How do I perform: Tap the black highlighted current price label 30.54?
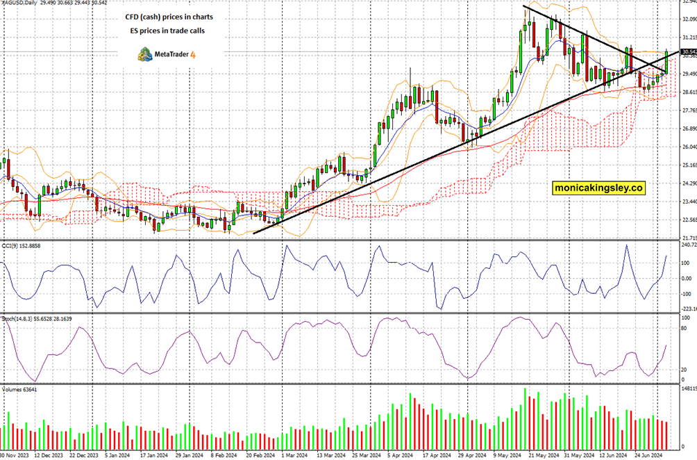click(689, 52)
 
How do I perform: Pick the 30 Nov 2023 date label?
click(14, 455)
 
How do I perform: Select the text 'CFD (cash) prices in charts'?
click(165, 15)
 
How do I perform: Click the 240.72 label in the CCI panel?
click(687, 245)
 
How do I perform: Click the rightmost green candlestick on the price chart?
click(666, 61)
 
